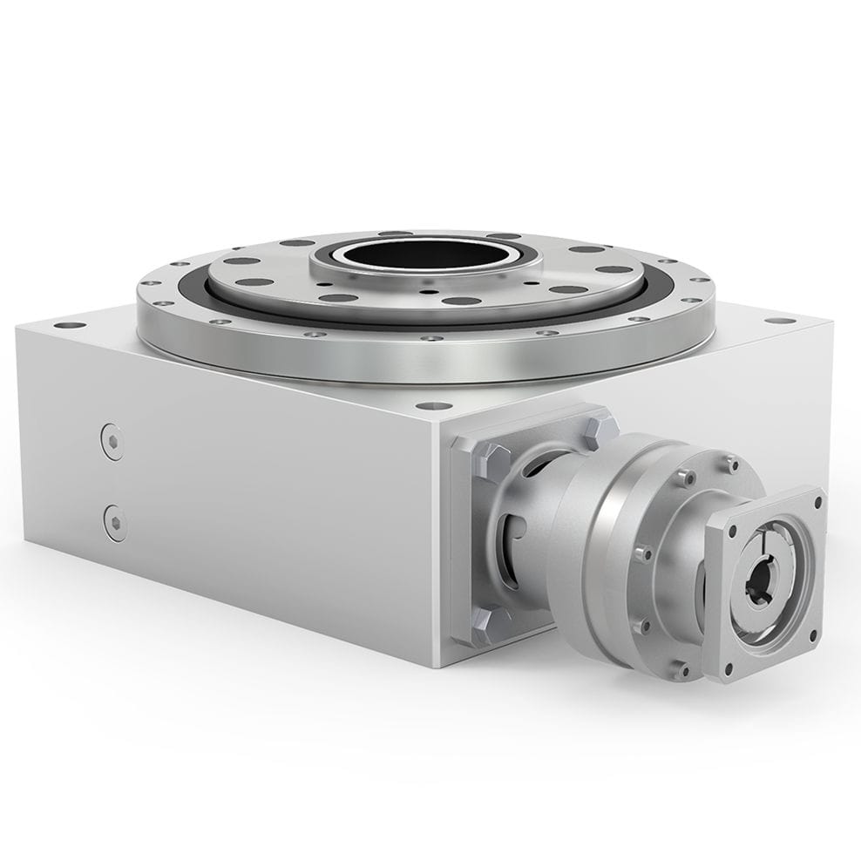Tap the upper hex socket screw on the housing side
tap(112, 441)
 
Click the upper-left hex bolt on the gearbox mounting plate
tap(490, 459)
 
